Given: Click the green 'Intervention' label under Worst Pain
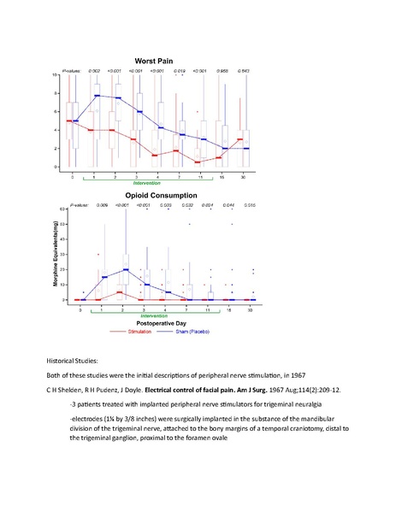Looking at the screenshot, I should pos(146,183).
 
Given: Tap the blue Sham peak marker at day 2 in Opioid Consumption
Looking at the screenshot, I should pos(125,269).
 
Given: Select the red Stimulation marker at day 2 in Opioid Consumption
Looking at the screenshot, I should pos(119,292).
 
